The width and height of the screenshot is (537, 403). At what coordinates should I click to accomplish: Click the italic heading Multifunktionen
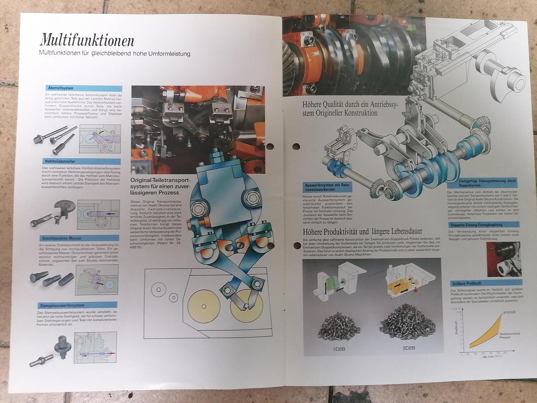pyautogui.click(x=87, y=40)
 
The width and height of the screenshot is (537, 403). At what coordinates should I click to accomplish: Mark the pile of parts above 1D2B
pyautogui.click(x=339, y=325)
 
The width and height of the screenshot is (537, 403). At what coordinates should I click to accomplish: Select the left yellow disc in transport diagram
pyautogui.click(x=204, y=306)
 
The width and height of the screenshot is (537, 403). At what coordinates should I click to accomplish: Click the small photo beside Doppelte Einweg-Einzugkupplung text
pyautogui.click(x=503, y=259)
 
